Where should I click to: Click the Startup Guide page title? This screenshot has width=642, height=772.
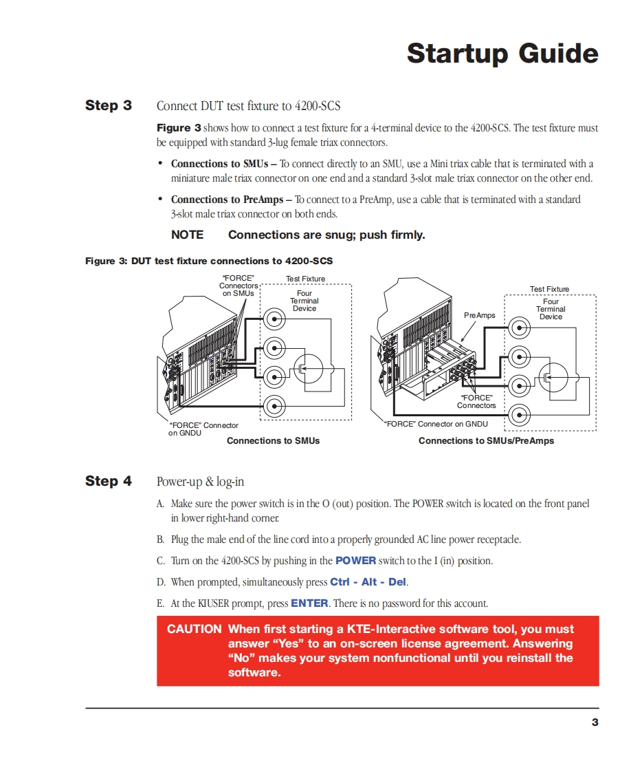(x=502, y=53)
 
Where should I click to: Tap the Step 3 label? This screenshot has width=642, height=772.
(x=109, y=105)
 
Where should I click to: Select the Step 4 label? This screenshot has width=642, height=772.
(x=109, y=481)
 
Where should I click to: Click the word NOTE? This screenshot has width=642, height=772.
(x=187, y=235)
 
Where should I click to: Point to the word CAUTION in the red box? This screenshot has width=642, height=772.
(x=194, y=629)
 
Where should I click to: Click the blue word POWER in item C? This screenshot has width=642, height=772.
(x=355, y=561)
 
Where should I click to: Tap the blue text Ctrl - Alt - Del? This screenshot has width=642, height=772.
(x=368, y=582)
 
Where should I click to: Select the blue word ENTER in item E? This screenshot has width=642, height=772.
(x=309, y=603)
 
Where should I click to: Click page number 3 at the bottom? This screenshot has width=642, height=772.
(x=595, y=722)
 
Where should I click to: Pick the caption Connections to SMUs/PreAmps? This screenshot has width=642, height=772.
(x=486, y=440)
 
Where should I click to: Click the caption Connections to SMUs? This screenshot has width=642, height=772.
(x=273, y=440)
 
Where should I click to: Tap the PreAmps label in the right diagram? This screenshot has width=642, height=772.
(x=479, y=315)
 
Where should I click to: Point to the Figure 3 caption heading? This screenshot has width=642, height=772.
(x=209, y=261)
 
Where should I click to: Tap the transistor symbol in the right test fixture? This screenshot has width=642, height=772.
(x=551, y=378)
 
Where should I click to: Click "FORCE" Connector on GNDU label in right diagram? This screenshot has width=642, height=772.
(x=436, y=424)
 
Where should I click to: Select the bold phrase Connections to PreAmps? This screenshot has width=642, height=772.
(x=227, y=200)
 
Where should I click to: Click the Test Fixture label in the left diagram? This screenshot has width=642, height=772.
(x=305, y=279)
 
